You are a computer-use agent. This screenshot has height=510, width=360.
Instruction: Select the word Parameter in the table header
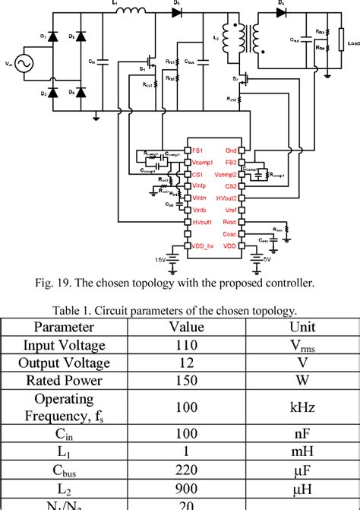point(68,328)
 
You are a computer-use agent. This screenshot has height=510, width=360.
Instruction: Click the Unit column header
point(302,328)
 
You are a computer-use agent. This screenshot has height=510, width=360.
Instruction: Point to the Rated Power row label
point(68,382)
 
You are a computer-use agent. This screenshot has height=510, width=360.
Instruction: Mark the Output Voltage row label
point(68,363)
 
